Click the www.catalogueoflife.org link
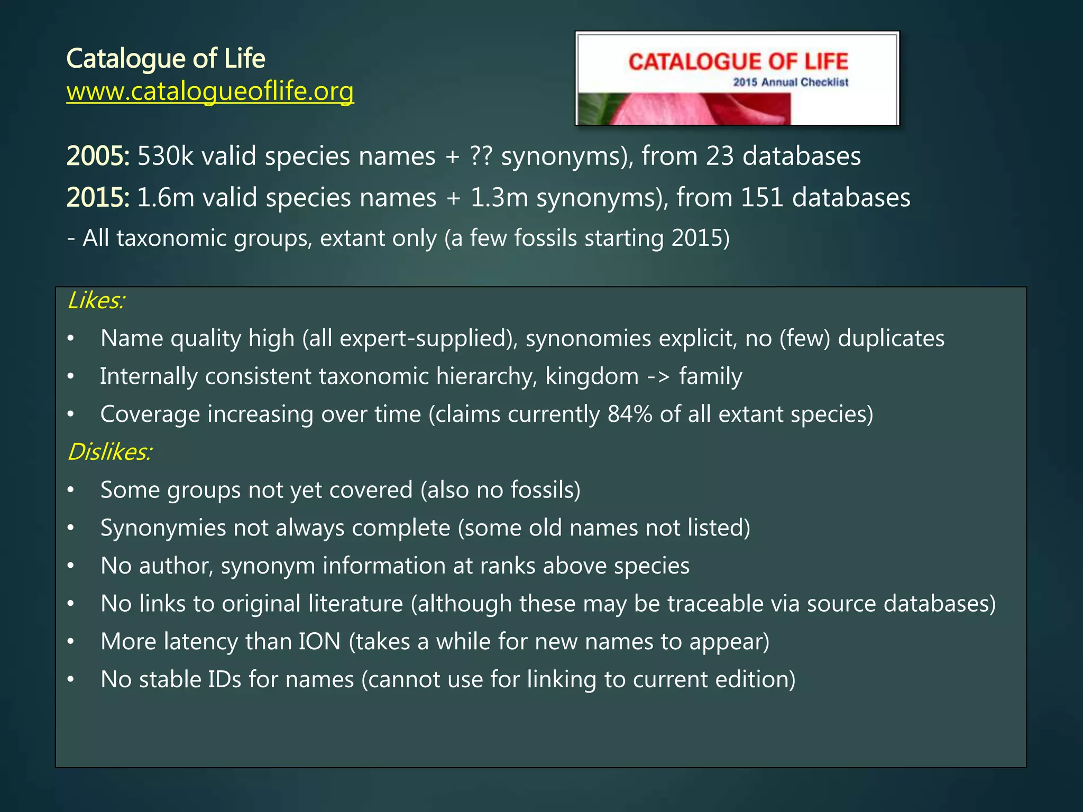pyautogui.click(x=210, y=91)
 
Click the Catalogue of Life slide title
pyautogui.click(x=166, y=58)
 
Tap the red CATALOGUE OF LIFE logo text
pyautogui.click(x=738, y=62)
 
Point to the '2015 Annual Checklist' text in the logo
pyautogui.click(x=791, y=82)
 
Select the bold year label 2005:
pyautogui.click(x=98, y=156)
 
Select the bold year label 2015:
pyautogui.click(x=98, y=197)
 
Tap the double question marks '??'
pyautogui.click(x=481, y=156)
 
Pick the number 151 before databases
pyautogui.click(x=761, y=197)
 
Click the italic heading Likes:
pyautogui.click(x=96, y=300)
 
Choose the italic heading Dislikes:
pyautogui.click(x=110, y=452)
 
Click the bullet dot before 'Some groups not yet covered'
pyautogui.click(x=71, y=490)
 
